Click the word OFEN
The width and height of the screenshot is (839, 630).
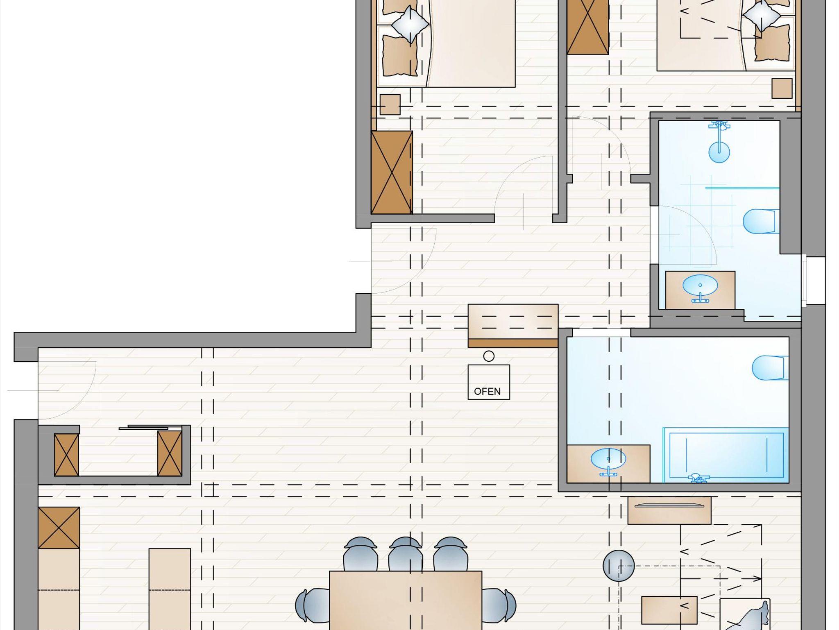tap(487, 392)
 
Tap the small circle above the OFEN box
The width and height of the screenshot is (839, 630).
tap(489, 356)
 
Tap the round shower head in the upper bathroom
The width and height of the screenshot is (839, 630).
tap(719, 152)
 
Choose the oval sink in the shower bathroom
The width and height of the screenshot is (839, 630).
tap(700, 286)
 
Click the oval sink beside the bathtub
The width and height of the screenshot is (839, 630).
tap(608, 459)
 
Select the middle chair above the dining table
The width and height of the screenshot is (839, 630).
tap(406, 555)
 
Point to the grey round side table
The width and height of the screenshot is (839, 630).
tap(619, 566)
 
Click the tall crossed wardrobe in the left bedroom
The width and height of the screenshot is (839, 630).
tap(392, 172)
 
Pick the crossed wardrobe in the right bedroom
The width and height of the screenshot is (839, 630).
tap(588, 27)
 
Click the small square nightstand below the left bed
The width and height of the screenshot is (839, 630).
tap(390, 105)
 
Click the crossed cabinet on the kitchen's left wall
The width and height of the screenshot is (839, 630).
tap(59, 528)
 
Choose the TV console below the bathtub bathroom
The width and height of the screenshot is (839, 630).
tap(669, 510)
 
